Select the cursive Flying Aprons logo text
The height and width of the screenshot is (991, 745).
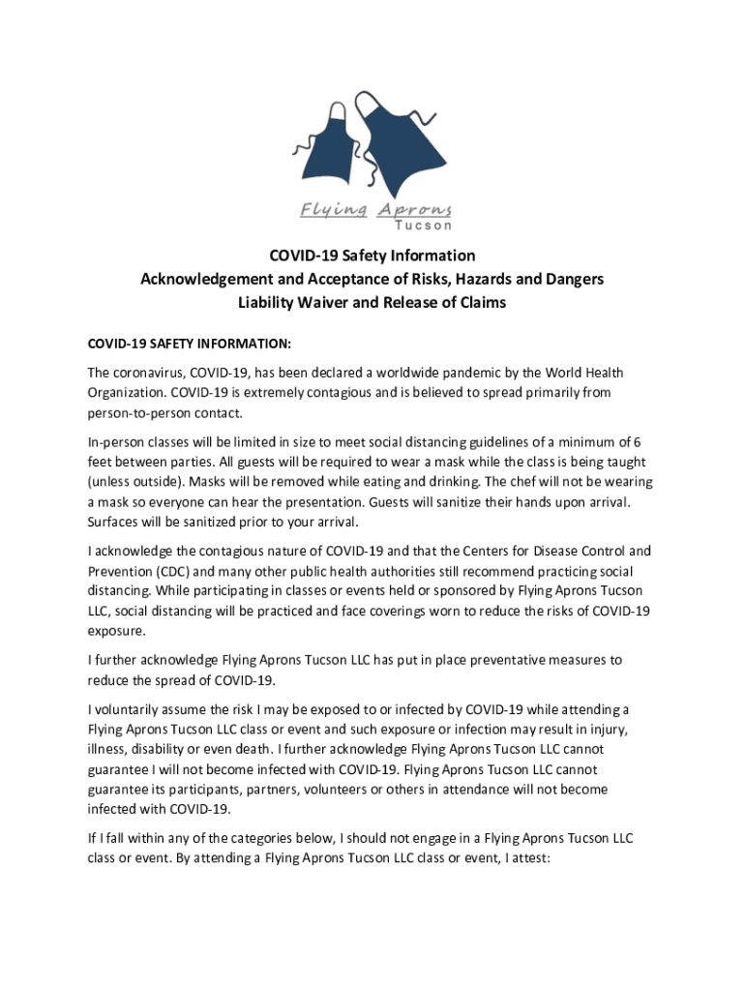tap(375, 210)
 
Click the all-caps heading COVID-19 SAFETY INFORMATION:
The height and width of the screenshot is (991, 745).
tap(189, 345)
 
